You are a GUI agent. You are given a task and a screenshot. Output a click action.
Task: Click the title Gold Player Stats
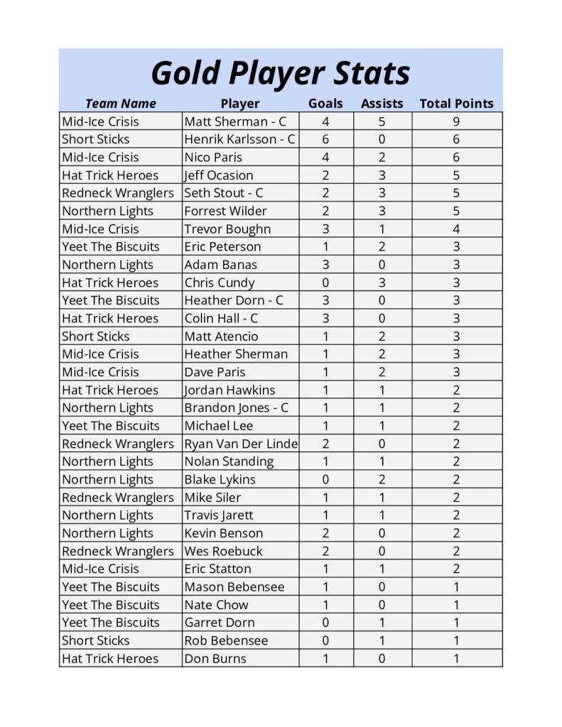[x=281, y=73]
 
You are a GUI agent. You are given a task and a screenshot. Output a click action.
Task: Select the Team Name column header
[x=120, y=104]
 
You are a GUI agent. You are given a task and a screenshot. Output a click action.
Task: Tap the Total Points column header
[x=456, y=104]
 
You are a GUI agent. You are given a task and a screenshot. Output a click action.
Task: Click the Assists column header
[x=382, y=104]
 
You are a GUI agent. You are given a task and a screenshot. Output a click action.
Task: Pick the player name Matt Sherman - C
[x=235, y=121]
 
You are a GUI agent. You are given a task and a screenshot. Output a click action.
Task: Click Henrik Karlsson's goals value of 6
[x=325, y=139]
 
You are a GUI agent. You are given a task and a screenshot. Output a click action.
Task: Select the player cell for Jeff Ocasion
[x=219, y=175]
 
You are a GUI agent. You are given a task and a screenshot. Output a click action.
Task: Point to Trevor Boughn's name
[x=227, y=229]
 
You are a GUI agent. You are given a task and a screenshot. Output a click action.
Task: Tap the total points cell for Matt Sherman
[x=456, y=121]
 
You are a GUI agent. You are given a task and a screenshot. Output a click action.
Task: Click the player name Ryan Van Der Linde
[x=241, y=444]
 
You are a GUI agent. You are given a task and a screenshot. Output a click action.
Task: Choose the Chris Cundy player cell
[x=220, y=283]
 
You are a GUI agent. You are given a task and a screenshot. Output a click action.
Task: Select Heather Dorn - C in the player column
[x=234, y=300]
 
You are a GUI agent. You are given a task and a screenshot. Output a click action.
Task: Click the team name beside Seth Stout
[x=118, y=193]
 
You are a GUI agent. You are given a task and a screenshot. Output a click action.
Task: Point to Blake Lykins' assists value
[x=382, y=479]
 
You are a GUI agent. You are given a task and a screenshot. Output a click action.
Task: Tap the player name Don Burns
[x=215, y=658]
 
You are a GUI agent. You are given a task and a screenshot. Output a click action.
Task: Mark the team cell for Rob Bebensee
[x=96, y=640]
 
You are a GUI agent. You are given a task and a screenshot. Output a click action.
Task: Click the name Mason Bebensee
[x=234, y=586]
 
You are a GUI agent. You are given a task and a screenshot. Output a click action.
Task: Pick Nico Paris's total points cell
[x=456, y=157]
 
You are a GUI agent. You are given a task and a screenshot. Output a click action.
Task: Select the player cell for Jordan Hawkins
[x=229, y=390]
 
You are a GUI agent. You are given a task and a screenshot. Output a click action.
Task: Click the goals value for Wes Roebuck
[x=325, y=551]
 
